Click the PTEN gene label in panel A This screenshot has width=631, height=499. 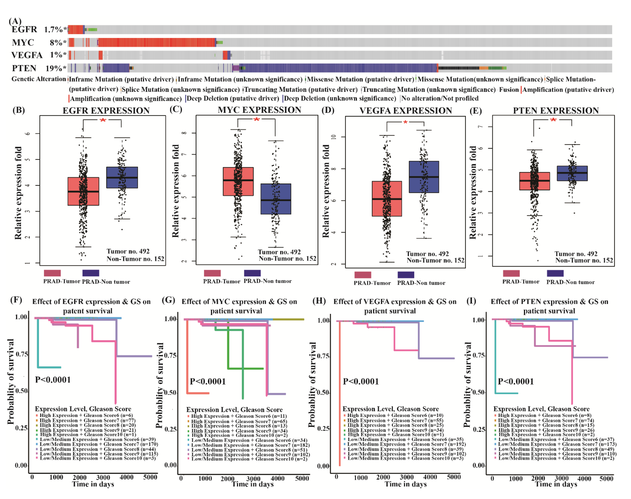tap(24, 68)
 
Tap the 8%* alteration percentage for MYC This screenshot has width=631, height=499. tap(58, 43)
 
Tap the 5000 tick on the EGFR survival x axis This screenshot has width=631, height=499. tap(150, 477)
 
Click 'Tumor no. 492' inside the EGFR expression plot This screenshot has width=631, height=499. tap(128, 251)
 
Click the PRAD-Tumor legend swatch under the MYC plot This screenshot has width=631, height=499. tap(212, 273)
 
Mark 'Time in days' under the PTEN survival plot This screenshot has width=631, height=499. tap(556, 484)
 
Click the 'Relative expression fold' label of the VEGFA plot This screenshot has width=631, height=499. tap(326, 191)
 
